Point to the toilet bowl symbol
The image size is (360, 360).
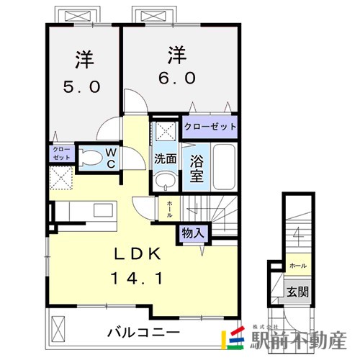click(x=89, y=157)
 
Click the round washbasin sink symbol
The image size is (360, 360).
click(x=165, y=180)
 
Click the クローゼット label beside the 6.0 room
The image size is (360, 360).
click(x=210, y=127)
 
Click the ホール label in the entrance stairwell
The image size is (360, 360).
click(x=296, y=266)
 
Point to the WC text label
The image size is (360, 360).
click(x=112, y=157)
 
